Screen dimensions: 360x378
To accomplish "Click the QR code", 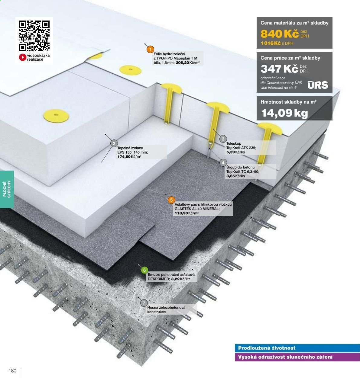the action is coord(34,36).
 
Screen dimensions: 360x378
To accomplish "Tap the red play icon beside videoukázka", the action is coord(23,57).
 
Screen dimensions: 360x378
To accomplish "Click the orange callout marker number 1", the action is coord(150,50).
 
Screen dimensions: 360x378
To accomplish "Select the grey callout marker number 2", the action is coord(114,143).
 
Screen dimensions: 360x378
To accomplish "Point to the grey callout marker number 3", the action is coord(223,139).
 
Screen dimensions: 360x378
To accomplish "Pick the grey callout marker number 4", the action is coord(223,163).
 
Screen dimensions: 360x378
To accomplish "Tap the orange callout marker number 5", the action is coord(171,200).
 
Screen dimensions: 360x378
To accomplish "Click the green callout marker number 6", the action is coord(144,270).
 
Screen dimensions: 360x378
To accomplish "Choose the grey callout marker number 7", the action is coord(144,303).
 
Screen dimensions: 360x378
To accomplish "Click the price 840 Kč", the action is coord(280,34).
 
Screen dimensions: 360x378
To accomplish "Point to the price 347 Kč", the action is coord(280,69).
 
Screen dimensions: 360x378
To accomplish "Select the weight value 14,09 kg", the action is coord(284,113).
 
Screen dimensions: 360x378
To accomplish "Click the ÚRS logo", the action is coord(318,85).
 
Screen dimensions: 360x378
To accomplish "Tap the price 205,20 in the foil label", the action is coord(182,63).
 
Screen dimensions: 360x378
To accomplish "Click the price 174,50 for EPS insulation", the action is coord(124,157).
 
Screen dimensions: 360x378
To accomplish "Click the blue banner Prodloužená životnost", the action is coord(297,348).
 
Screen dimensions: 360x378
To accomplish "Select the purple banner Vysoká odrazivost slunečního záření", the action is coord(297,357).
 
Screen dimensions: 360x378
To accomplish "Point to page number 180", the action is coord(12,371).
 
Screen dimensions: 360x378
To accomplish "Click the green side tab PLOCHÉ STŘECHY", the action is coord(7,189).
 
